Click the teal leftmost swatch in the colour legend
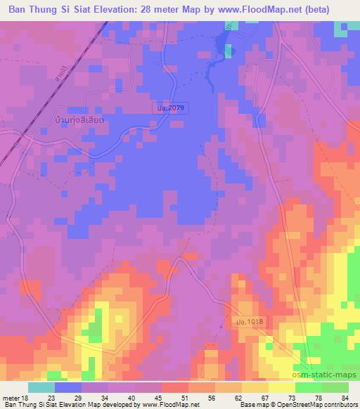coord(41,387)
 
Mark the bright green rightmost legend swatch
coord(335,387)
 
